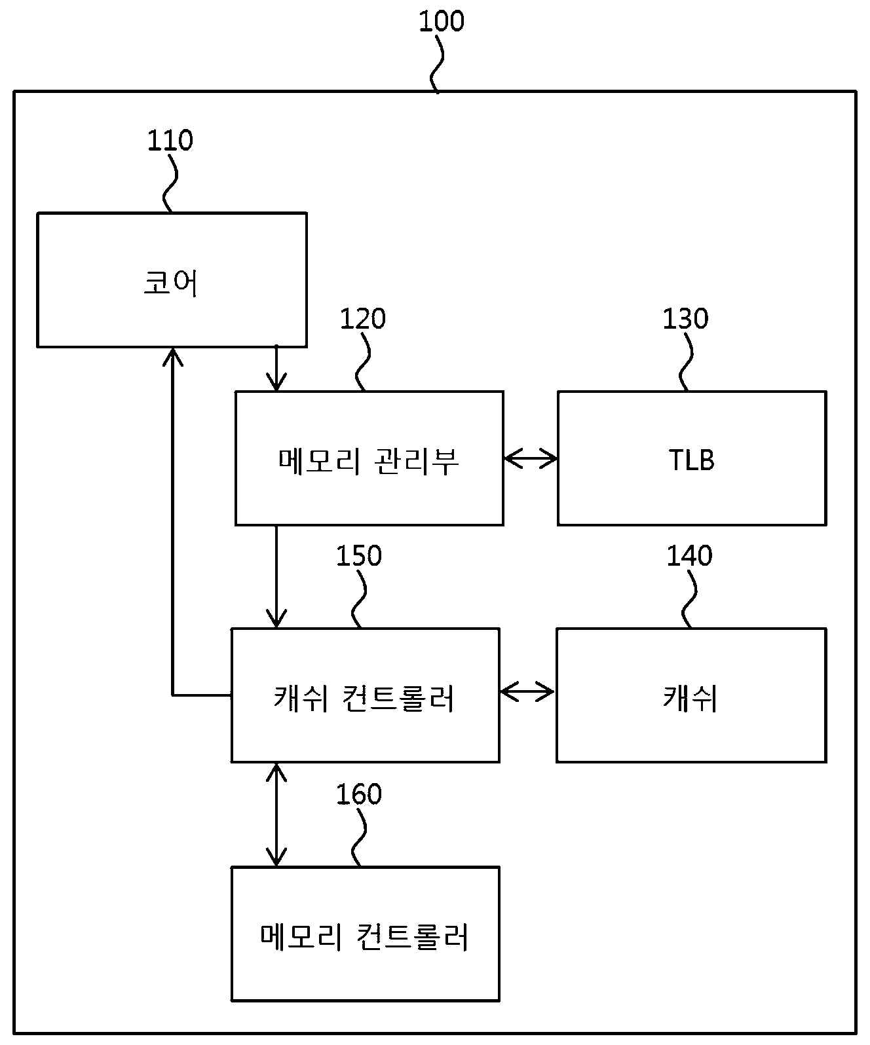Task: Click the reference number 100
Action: coord(442,22)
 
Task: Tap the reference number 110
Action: coord(170,141)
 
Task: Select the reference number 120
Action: coord(363,319)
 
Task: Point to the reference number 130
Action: coord(685,319)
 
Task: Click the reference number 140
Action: coord(689,556)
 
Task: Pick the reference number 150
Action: coord(358,556)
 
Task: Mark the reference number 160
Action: coord(358,794)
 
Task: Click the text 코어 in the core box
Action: coord(170,283)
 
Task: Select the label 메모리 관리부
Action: coord(369,461)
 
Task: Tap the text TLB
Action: coord(691,460)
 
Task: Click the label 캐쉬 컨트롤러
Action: coord(364,698)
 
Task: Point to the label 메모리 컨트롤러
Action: coord(364,937)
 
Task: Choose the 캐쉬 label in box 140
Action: coord(690,698)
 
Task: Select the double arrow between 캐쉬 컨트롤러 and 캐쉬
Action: coord(527,692)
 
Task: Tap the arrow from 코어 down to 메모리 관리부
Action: coord(276,369)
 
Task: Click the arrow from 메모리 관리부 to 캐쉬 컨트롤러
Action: coord(276,577)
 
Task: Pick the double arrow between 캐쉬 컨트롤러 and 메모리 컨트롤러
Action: coord(276,815)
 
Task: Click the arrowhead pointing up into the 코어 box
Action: coord(172,356)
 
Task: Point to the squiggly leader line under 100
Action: coord(437,64)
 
